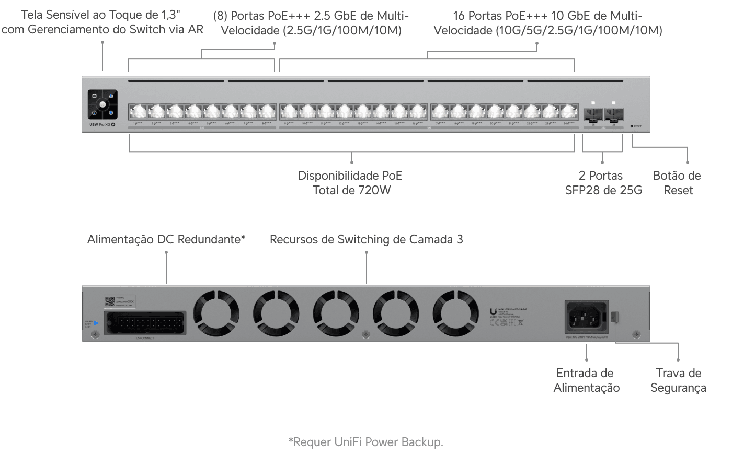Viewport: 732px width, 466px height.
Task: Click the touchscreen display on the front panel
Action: [x=102, y=104]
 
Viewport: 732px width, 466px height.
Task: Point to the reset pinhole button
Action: [x=632, y=126]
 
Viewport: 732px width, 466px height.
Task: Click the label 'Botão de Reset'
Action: [x=678, y=183]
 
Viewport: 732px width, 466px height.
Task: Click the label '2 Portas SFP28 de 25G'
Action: [x=603, y=183]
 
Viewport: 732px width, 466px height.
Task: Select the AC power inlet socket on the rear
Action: [x=586, y=316]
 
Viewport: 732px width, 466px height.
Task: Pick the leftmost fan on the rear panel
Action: [x=216, y=314]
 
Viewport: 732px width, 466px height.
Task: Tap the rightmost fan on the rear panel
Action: [x=455, y=314]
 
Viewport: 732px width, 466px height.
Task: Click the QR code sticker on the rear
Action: [x=109, y=301]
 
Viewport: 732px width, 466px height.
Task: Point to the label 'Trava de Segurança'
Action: [x=678, y=380]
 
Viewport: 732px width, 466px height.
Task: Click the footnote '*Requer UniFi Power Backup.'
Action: [x=366, y=442]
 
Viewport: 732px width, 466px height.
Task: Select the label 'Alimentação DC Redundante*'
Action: [x=166, y=239]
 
